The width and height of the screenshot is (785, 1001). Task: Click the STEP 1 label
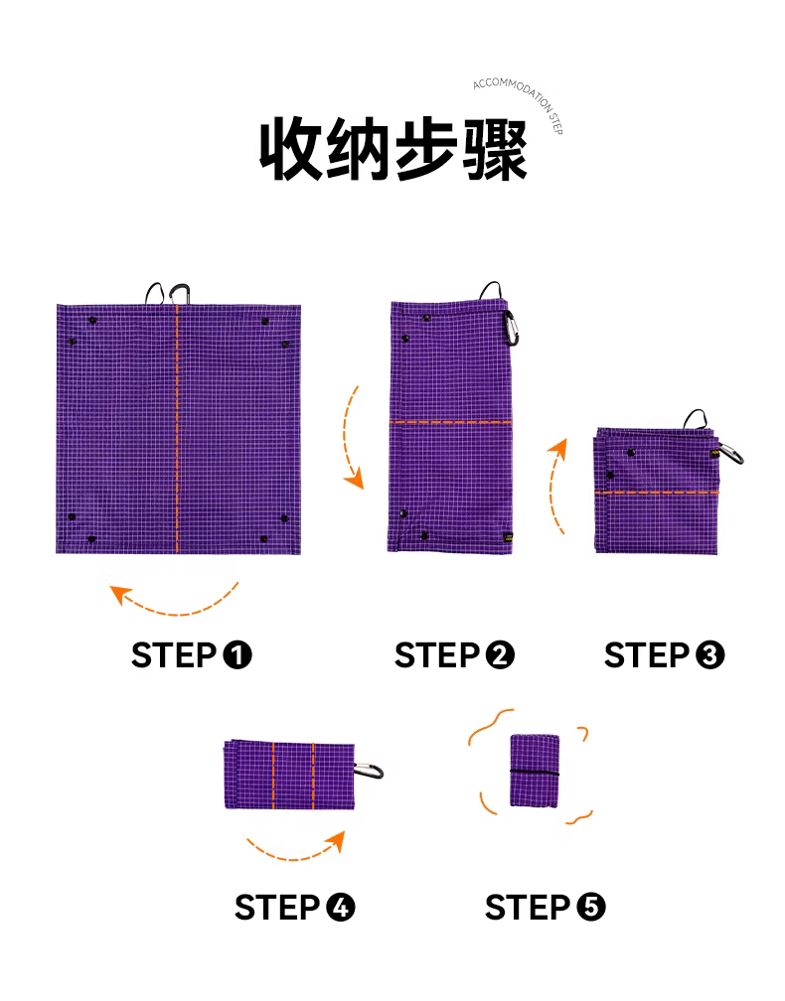192,655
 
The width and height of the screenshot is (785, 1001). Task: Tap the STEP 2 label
454,655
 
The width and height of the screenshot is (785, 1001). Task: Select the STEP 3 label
665,655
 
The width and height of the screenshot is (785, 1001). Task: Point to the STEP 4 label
294,908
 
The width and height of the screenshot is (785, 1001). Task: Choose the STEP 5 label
545,908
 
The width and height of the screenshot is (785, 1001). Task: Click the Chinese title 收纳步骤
392,149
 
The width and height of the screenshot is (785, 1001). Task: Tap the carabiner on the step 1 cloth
180,294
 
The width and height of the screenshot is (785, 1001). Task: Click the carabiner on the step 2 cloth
511,328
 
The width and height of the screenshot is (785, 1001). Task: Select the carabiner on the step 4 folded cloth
370,771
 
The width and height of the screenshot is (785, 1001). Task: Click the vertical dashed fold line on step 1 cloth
178,428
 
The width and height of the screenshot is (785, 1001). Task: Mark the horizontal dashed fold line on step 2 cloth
451,422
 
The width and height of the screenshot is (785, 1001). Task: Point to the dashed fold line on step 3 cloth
657,493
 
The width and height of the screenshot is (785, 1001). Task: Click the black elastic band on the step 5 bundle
535,773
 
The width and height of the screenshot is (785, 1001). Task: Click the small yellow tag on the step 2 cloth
508,537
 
